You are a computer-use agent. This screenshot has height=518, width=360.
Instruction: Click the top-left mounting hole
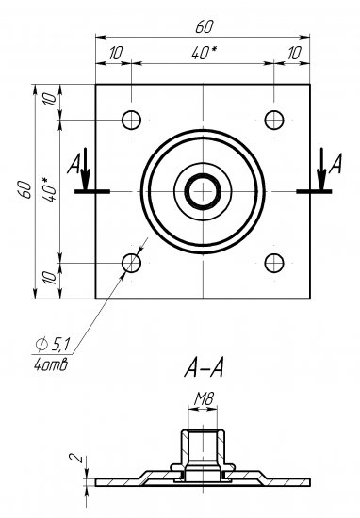(131, 120)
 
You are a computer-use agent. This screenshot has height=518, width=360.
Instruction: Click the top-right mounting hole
(274, 120)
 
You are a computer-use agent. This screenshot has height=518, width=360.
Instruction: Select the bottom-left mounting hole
(131, 262)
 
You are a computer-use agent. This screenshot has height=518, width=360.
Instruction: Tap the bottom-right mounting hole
(274, 262)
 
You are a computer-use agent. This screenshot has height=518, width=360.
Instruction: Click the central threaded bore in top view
(203, 191)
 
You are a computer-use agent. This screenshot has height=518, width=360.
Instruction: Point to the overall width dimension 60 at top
(203, 24)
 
